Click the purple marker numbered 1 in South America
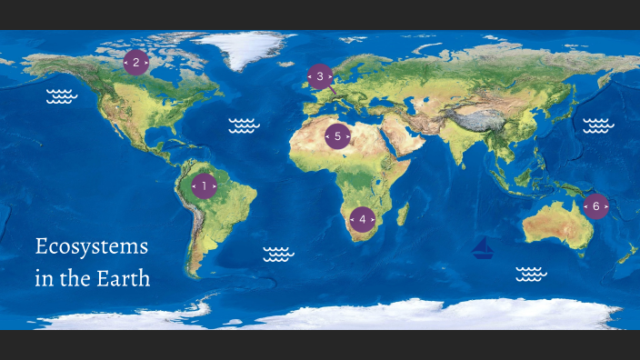pyautogui.click(x=204, y=186)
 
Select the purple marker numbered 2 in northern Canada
pyautogui.click(x=135, y=63)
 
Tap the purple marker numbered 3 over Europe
pyautogui.click(x=319, y=76)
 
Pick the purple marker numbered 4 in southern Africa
pyautogui.click(x=362, y=219)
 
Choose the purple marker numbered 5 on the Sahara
pyautogui.click(x=337, y=136)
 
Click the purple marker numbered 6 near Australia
pyautogui.click(x=595, y=206)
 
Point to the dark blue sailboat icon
pyautogui.click(x=483, y=248)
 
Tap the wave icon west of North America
pyautogui.click(x=61, y=97)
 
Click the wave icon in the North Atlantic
pyautogui.click(x=245, y=125)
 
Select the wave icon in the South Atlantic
pyautogui.click(x=278, y=254)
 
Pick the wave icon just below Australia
pyautogui.click(x=530, y=273)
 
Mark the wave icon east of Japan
pyautogui.click(x=598, y=125)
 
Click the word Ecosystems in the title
pyautogui.click(x=91, y=246)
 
